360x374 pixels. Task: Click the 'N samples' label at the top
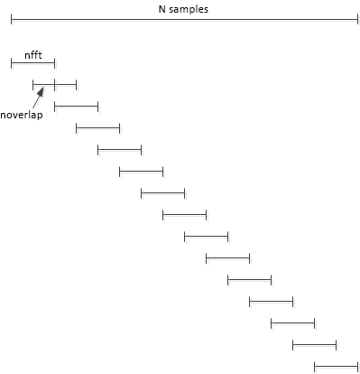(182, 9)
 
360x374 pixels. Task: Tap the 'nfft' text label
(32, 52)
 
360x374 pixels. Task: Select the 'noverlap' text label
(22, 115)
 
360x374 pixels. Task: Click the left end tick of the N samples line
(11, 19)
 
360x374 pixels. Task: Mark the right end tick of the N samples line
(357, 19)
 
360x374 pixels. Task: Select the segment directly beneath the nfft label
(32, 62)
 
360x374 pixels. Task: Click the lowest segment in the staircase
(336, 366)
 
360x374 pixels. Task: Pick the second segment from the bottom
(314, 344)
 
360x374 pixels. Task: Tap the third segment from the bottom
(292, 323)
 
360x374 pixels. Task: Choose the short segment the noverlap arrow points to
(43, 85)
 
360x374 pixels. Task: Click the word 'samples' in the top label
(190, 9)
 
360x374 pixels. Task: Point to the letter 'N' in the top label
(162, 9)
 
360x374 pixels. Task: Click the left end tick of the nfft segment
(11, 62)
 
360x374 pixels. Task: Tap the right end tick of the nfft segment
(54, 62)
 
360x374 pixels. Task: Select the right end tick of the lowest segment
(357, 366)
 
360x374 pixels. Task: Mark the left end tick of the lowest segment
(314, 366)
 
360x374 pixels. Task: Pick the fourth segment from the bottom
(271, 301)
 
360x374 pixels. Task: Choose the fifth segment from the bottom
(249, 279)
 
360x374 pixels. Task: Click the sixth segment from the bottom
(227, 257)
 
